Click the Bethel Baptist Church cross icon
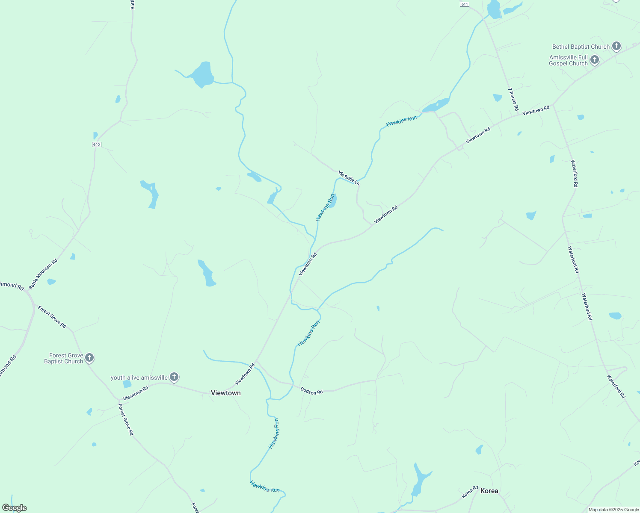[x=616, y=46]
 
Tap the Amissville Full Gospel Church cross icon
[x=595, y=60]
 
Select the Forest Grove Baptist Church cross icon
[x=89, y=358]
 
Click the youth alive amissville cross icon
[x=174, y=377]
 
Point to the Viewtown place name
[x=225, y=393]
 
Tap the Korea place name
[x=489, y=491]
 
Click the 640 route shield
[x=96, y=144]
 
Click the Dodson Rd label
[x=311, y=391]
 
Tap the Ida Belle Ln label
[x=349, y=178]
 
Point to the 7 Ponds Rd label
[x=513, y=99]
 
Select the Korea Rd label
[x=469, y=492]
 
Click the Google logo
[x=14, y=508]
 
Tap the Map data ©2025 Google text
[x=613, y=510]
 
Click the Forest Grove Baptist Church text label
[x=64, y=358]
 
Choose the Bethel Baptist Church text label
[x=581, y=47]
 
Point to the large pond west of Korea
[x=420, y=479]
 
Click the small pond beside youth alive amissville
[x=127, y=384]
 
